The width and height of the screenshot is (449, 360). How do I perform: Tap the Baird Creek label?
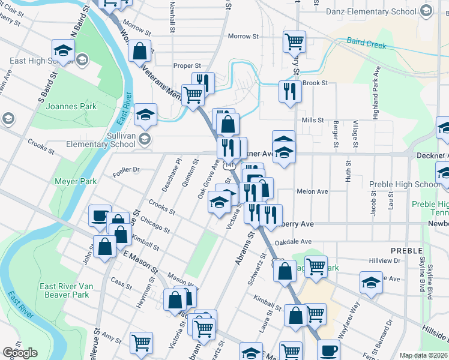pyautogui.click(x=364, y=42)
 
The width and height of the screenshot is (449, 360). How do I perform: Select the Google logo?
pyautogui.click(x=20, y=353)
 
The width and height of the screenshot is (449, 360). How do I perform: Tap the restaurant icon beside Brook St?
pyautogui.click(x=289, y=91)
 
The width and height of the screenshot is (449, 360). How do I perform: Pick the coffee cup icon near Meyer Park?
pyautogui.click(x=98, y=215)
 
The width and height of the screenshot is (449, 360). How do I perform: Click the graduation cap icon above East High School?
pyautogui.click(x=63, y=50)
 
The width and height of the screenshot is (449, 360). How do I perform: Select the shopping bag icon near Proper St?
pyautogui.click(x=139, y=52)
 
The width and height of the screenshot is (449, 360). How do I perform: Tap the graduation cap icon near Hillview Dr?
pyautogui.click(x=371, y=283)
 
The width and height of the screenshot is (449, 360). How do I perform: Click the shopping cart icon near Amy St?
pyautogui.click(x=141, y=343)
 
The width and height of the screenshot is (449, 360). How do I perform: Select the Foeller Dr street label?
pyautogui.click(x=125, y=169)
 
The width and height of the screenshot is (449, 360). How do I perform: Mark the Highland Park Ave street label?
pyautogui.click(x=376, y=93)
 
